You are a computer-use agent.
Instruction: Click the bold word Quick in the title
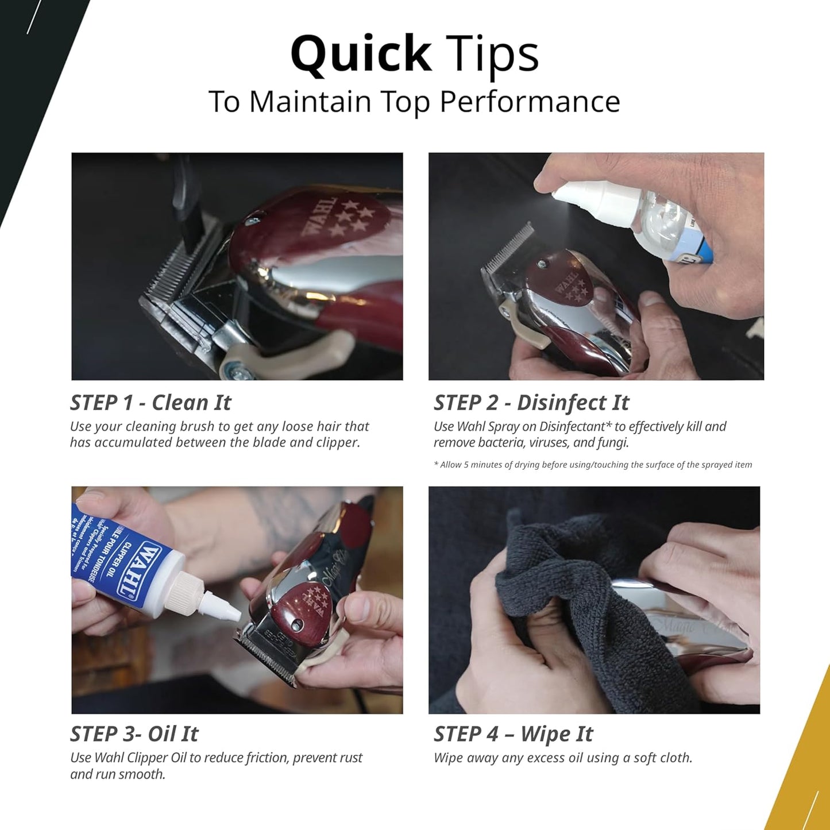coord(361,55)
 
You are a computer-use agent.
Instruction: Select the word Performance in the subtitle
coord(530,102)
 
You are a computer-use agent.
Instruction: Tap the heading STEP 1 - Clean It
coord(150,403)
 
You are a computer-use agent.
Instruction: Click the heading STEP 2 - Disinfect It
coord(531,403)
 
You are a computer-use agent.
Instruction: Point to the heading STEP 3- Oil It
coord(134,734)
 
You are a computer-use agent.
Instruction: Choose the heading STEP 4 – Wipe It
coord(514,734)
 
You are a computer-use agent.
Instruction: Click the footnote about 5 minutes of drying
coord(593,465)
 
